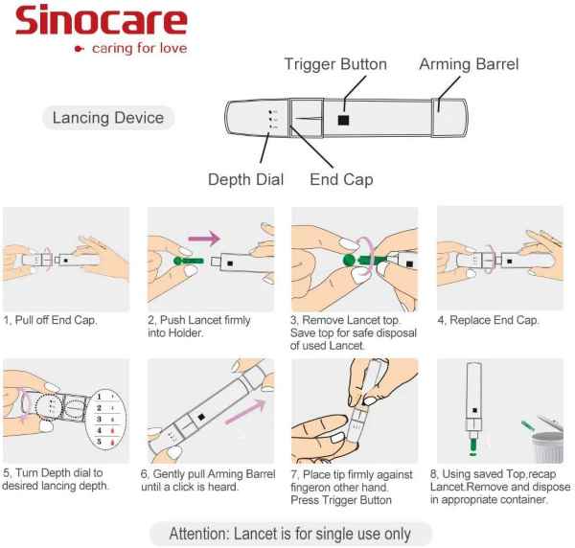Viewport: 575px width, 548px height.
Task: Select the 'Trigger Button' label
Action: point(335,64)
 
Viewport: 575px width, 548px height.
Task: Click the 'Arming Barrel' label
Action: point(469,64)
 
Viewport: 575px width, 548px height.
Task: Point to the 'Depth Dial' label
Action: point(246,179)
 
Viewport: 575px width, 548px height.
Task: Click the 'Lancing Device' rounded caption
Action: point(108,119)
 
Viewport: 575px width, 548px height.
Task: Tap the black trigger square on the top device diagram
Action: point(343,120)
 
